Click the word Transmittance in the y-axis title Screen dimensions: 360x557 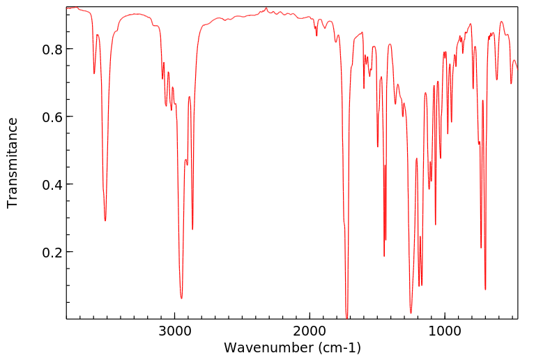pos(13,163)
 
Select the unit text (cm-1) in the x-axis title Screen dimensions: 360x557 pos(337,347)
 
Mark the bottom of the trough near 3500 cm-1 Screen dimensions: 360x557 pos(105,220)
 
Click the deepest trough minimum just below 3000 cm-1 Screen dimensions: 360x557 pos(181,299)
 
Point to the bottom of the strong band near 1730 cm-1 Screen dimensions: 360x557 pos(346,317)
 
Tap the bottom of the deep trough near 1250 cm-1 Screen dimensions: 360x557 pos(411,313)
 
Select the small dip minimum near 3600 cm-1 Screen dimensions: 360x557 pos(94,73)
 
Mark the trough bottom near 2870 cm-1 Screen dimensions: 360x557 pos(192,229)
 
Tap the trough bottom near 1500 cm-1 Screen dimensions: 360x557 pos(378,147)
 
